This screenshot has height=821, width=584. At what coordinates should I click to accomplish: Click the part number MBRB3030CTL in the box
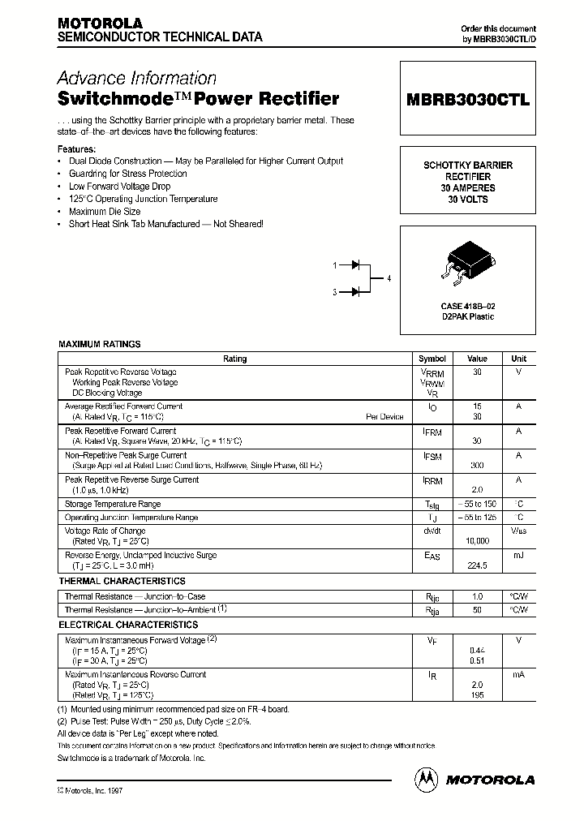point(468,101)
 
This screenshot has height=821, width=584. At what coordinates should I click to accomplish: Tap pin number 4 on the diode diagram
point(389,278)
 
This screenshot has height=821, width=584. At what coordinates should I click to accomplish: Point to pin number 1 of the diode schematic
point(334,265)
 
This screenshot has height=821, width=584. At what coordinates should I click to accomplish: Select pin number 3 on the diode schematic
point(334,292)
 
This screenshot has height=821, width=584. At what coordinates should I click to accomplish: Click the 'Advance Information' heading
point(136,79)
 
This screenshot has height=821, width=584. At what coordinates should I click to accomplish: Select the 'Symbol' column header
point(432,359)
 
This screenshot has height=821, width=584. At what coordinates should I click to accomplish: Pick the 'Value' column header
point(477,359)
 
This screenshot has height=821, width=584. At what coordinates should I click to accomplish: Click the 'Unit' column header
point(518,359)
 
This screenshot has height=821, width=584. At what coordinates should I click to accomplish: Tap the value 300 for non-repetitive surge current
point(477,466)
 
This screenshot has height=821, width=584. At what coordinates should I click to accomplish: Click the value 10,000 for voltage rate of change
point(477,540)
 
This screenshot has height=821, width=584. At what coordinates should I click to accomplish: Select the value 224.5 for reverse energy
point(477,565)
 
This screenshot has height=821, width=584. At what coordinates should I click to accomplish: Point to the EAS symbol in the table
point(432,557)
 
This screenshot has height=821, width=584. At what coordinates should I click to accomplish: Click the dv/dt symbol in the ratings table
point(432,531)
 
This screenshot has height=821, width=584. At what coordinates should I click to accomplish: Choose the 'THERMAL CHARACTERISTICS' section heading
point(122,581)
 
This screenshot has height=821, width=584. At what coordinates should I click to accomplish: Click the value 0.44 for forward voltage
point(477,651)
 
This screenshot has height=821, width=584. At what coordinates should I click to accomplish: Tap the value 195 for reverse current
point(477,695)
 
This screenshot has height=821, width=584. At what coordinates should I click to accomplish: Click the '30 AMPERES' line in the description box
point(468,187)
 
